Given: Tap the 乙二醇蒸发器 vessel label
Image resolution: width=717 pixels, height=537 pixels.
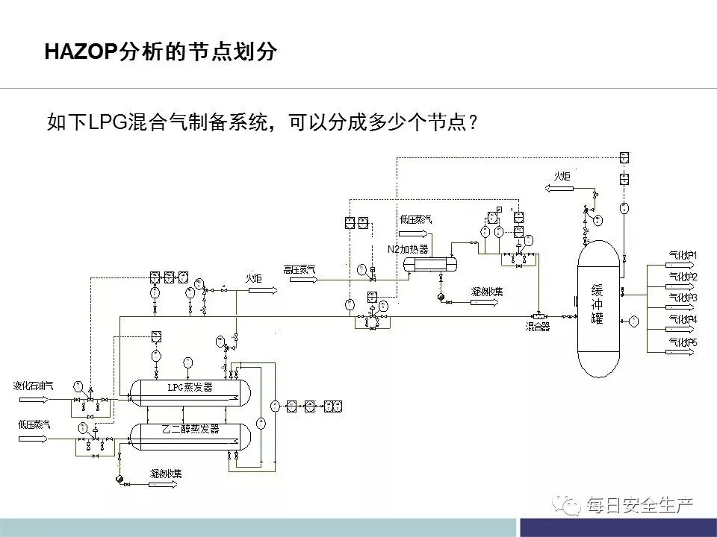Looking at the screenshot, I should pos(190,429).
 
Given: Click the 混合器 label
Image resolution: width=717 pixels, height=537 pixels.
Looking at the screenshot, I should pos(536,326).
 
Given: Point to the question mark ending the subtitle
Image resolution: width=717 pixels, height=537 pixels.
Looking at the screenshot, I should pos(471,122).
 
